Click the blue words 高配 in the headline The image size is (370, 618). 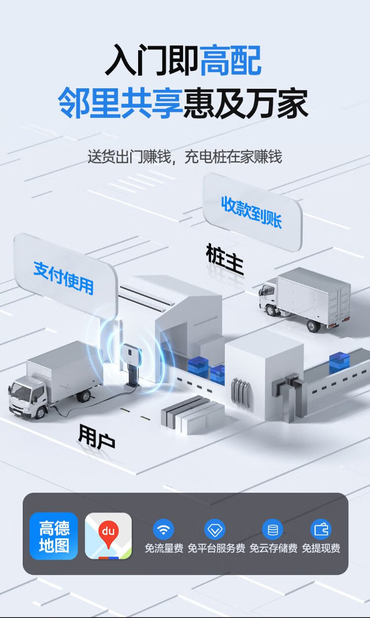point(230,61)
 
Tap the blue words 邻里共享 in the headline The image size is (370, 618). point(121,103)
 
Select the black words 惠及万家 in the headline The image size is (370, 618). point(246,103)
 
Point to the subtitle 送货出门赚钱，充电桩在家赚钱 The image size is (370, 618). point(185,156)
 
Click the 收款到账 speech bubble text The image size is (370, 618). point(252,212)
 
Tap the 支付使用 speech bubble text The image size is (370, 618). point(64,278)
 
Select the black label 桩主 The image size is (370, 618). point(225,259)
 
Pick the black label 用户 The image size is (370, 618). point(97,436)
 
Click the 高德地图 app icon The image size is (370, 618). point(54,536)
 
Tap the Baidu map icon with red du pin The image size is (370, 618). point(108,536)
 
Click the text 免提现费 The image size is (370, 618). point(321,548)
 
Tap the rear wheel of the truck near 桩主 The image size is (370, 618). point(313,326)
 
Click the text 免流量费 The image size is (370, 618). point(164,548)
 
